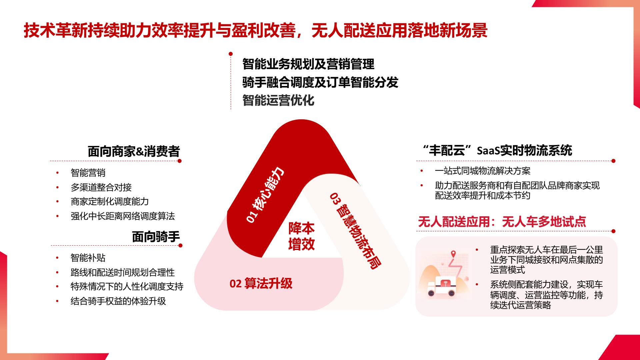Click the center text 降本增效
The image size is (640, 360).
(301, 236)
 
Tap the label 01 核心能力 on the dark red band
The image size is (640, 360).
(265, 195)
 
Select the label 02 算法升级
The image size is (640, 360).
(261, 284)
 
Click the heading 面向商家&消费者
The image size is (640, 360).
(134, 151)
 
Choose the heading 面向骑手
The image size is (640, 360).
(156, 237)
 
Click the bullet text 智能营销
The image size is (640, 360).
(88, 173)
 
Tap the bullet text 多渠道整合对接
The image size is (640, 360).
(101, 187)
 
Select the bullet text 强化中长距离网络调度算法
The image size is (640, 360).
(123, 216)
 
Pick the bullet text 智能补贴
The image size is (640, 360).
(88, 258)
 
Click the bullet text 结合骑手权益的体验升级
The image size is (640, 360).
(118, 301)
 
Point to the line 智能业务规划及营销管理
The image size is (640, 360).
(308, 64)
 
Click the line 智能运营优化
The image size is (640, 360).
(278, 100)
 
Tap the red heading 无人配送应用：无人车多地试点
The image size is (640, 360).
(502, 222)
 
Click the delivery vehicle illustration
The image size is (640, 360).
(441, 287)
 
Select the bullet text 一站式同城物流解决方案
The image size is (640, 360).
(483, 171)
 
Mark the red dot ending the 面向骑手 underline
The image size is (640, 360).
(180, 246)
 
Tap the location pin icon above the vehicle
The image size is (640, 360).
(453, 254)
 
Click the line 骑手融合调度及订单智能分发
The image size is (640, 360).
(320, 82)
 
